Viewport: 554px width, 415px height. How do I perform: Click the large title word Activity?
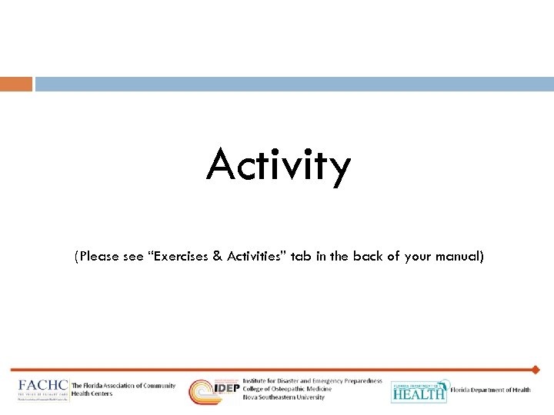click(278, 165)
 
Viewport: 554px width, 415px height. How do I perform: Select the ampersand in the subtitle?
click(219, 257)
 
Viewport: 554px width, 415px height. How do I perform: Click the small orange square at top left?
click(16, 84)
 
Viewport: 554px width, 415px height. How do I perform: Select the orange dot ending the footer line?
click(536, 370)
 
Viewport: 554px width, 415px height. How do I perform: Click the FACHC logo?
click(43, 390)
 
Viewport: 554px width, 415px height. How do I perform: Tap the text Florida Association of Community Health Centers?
click(123, 390)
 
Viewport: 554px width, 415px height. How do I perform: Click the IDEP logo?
click(214, 391)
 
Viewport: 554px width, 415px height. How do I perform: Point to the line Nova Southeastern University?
click(283, 397)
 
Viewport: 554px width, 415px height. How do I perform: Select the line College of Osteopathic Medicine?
click(287, 389)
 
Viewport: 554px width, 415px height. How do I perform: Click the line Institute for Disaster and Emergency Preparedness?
click(312, 381)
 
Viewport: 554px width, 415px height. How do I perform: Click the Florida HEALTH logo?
click(419, 391)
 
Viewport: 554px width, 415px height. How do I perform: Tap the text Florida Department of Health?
click(490, 390)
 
